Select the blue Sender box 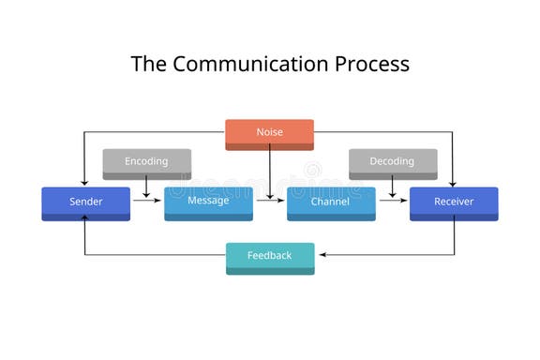(85, 202)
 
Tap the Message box (208, 202)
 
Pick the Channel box (331, 202)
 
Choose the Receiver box (454, 202)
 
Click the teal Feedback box (270, 257)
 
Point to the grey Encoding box (146, 162)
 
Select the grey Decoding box (393, 162)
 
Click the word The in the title (149, 64)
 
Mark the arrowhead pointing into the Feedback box (320, 255)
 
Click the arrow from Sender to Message (147, 199)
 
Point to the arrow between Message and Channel (269, 199)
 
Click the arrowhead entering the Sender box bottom (85, 218)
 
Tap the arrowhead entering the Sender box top (85, 183)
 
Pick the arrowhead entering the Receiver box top (454, 183)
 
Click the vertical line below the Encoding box (146, 187)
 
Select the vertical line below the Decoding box (392, 187)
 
